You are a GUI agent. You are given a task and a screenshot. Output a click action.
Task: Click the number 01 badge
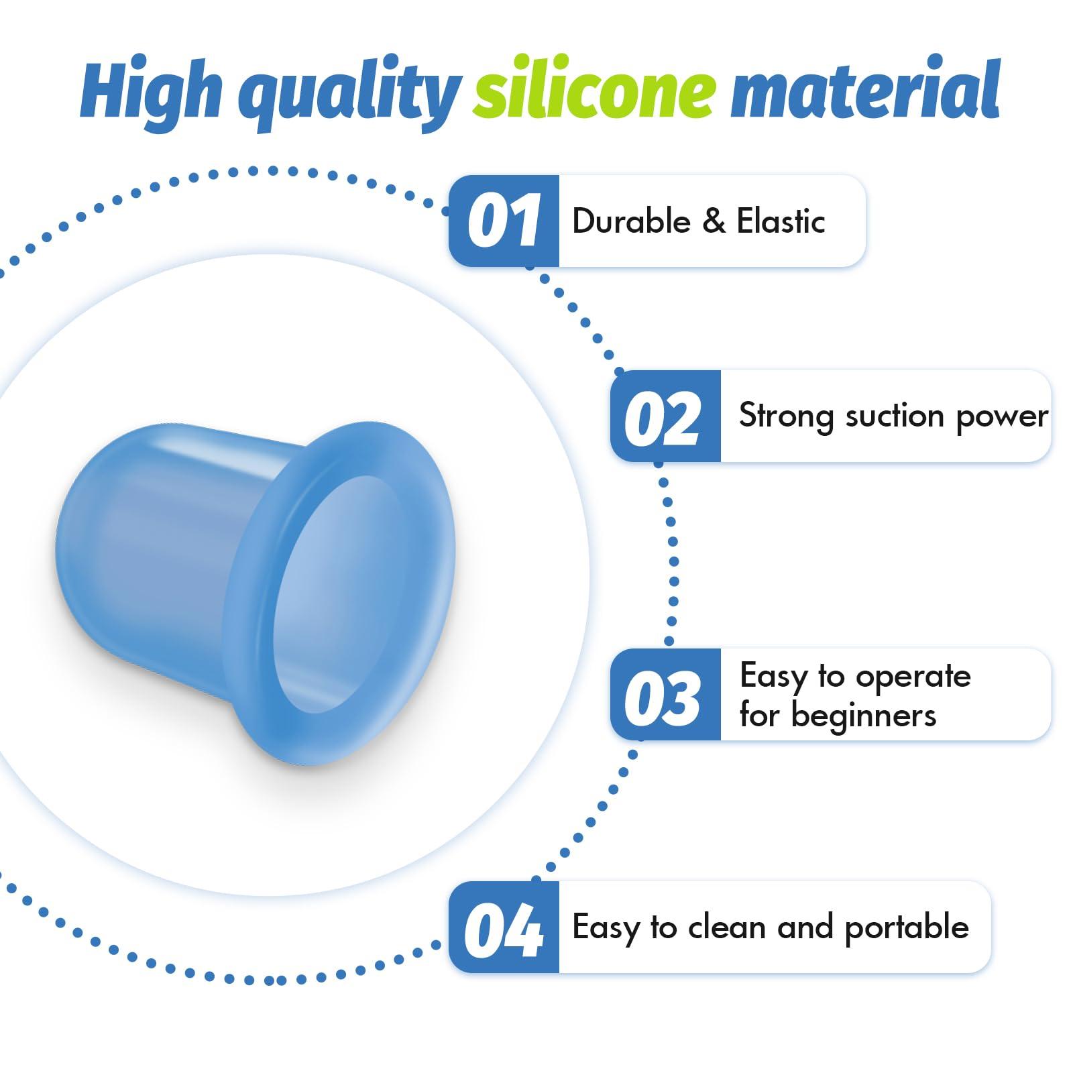coord(504,221)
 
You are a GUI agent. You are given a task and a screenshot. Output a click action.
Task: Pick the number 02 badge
coord(665,416)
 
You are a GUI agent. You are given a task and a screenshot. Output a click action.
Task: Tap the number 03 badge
coord(665,695)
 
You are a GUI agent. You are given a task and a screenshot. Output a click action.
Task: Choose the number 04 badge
coord(504,927)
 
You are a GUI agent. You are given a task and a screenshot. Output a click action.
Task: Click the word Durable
coord(631,221)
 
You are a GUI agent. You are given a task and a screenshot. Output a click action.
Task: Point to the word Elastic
coord(781,221)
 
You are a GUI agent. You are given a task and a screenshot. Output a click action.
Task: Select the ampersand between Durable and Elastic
coord(714,221)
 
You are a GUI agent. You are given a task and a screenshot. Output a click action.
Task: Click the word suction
coord(895,416)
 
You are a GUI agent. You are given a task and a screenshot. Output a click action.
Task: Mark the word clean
coord(727,928)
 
